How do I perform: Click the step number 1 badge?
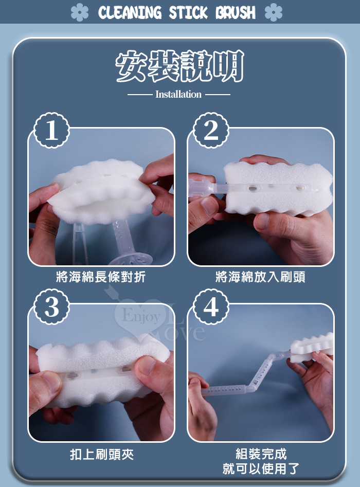(x=51, y=130)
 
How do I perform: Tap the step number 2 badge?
(x=211, y=130)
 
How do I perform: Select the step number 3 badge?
(x=51, y=306)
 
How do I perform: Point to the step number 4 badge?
(x=211, y=306)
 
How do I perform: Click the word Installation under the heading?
(x=178, y=94)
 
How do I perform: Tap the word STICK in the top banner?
(x=188, y=12)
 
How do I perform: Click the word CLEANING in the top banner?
(x=130, y=12)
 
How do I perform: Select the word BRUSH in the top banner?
(x=236, y=12)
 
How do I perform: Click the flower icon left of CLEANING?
(x=80, y=12)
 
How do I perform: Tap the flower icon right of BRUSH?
(x=274, y=12)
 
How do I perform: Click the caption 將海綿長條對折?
(x=101, y=277)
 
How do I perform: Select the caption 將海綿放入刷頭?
(x=260, y=277)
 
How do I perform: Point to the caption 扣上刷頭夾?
(x=102, y=455)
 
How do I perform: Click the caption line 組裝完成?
(x=261, y=454)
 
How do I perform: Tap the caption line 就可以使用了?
(x=261, y=468)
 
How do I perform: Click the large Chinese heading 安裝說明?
(x=179, y=66)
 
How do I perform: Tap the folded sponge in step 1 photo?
(x=101, y=192)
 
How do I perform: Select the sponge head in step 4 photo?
(x=312, y=347)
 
